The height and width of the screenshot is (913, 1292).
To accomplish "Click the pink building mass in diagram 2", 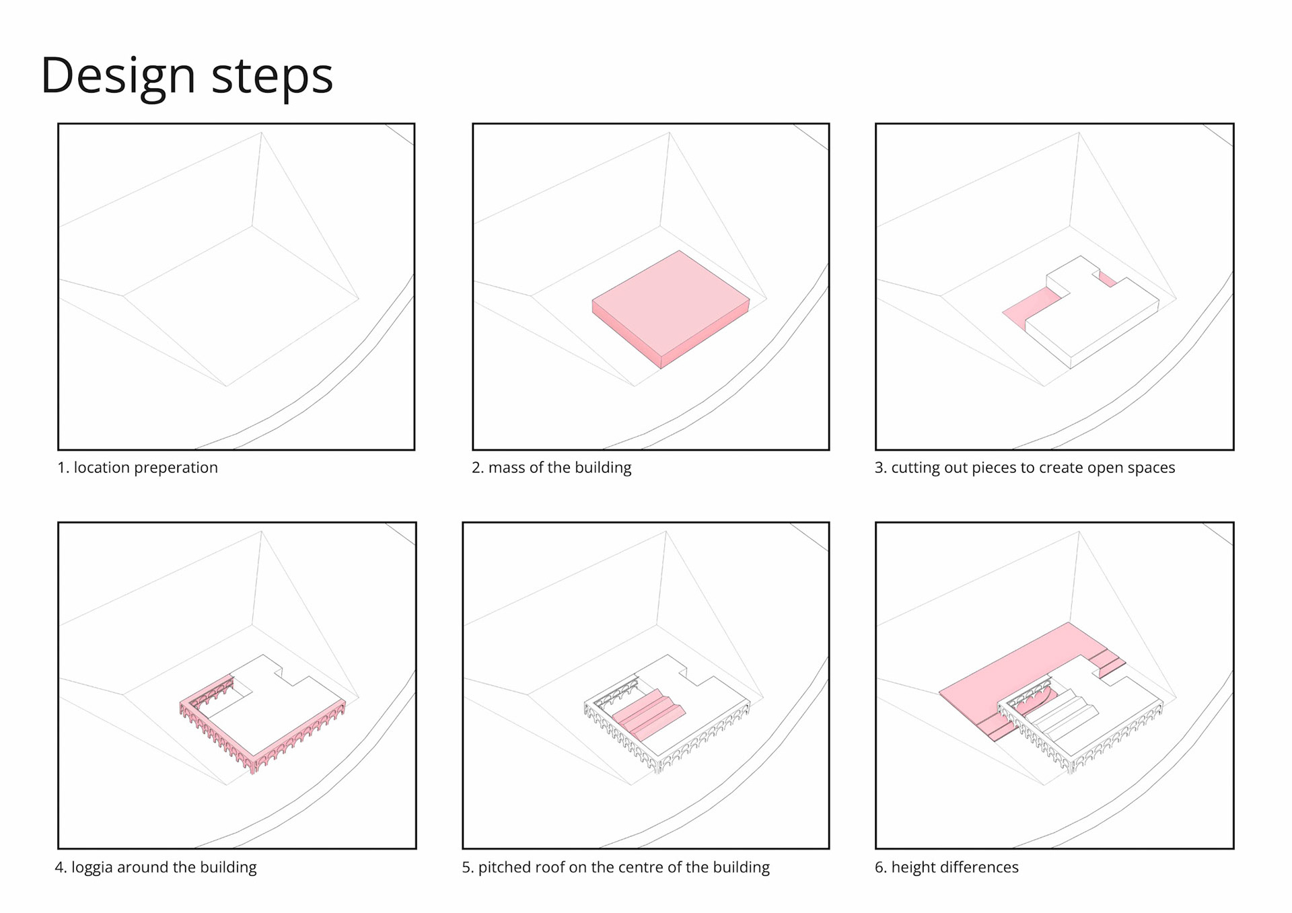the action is tap(670, 309).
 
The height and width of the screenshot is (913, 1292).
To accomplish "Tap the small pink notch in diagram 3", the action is tap(1107, 279).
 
